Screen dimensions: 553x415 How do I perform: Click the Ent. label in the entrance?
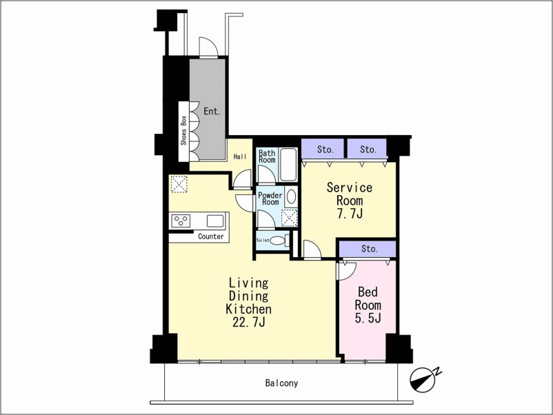pyautogui.click(x=212, y=112)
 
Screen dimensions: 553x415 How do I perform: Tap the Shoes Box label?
pyautogui.click(x=183, y=130)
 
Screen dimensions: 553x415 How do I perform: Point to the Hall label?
pyautogui.click(x=240, y=156)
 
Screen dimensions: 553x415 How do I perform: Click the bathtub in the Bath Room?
pyautogui.click(x=288, y=164)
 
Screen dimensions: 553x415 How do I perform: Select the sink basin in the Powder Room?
pyautogui.click(x=291, y=196)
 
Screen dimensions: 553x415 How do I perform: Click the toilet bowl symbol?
pyautogui.click(x=277, y=241)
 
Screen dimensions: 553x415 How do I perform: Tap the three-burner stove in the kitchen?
pyautogui.click(x=181, y=221)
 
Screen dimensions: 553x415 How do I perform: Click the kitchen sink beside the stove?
pyautogui.click(x=214, y=221)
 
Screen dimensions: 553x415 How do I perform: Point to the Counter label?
pyautogui.click(x=210, y=236)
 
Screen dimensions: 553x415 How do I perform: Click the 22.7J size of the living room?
pyautogui.click(x=249, y=322)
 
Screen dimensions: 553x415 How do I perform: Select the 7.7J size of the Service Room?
pyautogui.click(x=350, y=214)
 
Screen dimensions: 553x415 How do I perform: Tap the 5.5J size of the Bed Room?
pyautogui.click(x=368, y=318)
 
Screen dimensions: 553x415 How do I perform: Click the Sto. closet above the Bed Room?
pyautogui.click(x=368, y=250)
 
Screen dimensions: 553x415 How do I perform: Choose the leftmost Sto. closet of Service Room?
pyautogui.click(x=322, y=149)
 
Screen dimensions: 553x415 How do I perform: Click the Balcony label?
pyautogui.click(x=281, y=383)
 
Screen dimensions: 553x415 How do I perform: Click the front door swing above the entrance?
pyautogui.click(x=208, y=46)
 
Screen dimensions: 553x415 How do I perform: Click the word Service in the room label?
pyautogui.click(x=349, y=188)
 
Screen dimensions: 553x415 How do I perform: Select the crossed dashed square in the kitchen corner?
pyautogui.click(x=179, y=184)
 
